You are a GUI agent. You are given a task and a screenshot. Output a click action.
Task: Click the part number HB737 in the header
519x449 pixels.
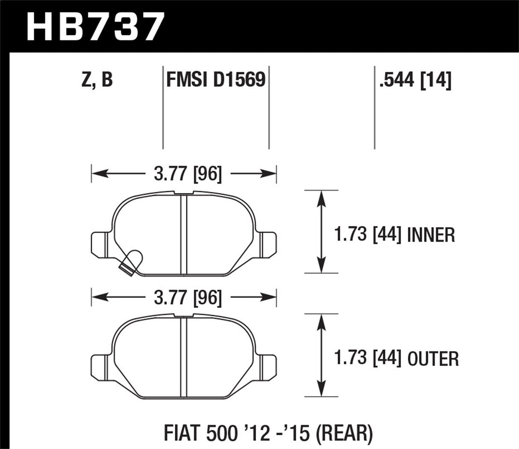tap(95, 27)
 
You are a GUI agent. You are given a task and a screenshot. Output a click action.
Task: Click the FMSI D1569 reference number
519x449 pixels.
tap(215, 80)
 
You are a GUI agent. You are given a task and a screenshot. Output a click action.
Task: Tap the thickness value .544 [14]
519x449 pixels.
tap(415, 80)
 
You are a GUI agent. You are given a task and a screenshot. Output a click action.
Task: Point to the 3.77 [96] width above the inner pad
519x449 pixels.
tap(188, 174)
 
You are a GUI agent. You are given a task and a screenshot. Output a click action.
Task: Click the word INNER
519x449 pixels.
tap(431, 235)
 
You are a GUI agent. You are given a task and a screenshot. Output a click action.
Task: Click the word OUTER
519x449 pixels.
tap(433, 359)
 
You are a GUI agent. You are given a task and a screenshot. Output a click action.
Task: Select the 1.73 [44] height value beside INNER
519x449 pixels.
tap(367, 235)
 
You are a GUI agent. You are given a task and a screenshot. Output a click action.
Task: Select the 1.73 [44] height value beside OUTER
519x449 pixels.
tap(367, 359)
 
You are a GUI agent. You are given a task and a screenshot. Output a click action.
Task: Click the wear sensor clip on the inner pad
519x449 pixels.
tap(130, 260)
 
